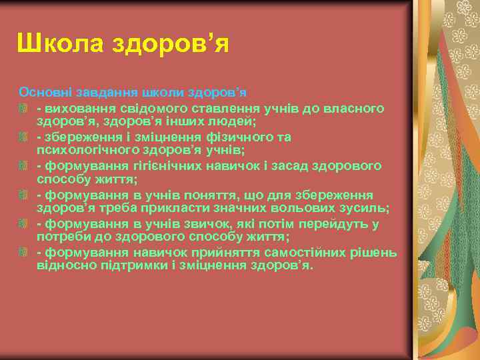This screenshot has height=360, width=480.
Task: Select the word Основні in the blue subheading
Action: pyautogui.click(x=43, y=91)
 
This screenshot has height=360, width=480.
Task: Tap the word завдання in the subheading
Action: pyautogui.click(x=99, y=91)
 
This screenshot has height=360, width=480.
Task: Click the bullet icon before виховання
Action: pyautogui.click(x=24, y=107)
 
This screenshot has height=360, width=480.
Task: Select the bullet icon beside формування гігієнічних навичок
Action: pyautogui.click(x=24, y=165)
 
